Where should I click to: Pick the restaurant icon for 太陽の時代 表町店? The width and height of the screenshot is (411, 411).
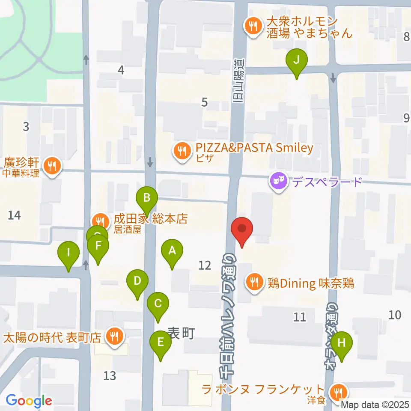point(114,335)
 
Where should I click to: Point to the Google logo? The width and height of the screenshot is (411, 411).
point(29,401)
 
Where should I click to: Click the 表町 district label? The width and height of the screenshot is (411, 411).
point(181,333)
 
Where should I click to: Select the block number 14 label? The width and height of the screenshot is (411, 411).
point(14,215)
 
